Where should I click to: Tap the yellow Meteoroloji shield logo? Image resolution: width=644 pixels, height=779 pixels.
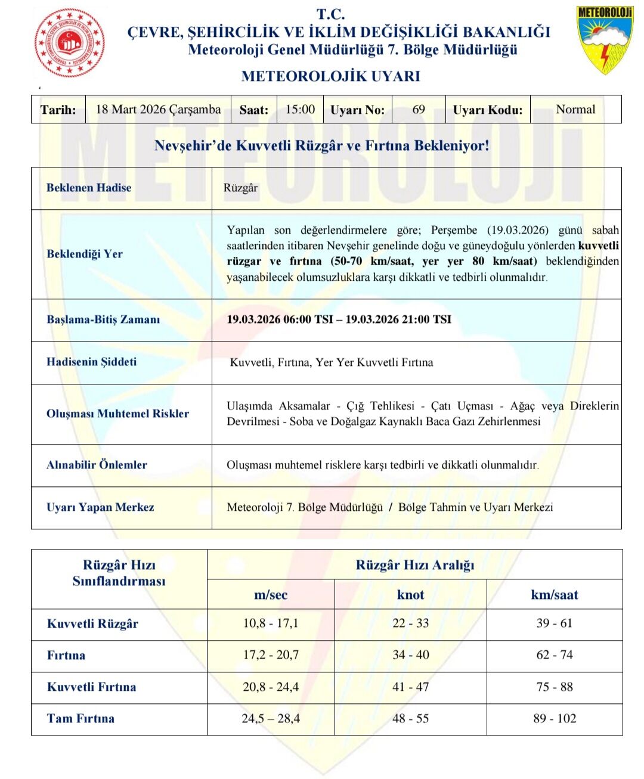pos(604,39)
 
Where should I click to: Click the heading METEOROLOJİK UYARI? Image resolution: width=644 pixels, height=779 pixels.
pos(330,76)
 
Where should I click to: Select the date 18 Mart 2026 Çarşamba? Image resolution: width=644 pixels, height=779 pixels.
pos(158,110)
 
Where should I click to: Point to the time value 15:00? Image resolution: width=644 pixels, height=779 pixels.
pos(300,110)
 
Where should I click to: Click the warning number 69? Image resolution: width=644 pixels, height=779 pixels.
pos(419,110)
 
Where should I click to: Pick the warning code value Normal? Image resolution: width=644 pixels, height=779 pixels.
pos(575,110)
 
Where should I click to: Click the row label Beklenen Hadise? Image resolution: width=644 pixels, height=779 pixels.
pos(89,188)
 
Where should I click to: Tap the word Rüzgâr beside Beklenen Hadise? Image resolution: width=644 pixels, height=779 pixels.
pos(240,188)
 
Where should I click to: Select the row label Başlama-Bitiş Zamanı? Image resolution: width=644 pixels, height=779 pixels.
pos(103,319)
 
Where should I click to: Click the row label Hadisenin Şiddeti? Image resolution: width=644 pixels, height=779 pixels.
pos(91,362)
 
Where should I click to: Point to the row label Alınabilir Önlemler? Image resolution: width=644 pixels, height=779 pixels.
pos(97,465)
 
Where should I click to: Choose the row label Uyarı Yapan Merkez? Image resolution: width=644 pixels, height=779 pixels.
pos(100,507)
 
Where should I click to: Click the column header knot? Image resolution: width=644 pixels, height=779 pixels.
pos(410,595)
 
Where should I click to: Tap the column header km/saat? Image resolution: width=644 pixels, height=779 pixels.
pos(555,595)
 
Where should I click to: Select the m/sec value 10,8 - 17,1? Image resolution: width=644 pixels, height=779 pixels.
pos(271,623)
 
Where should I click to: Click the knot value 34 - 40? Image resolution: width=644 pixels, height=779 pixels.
pos(410,655)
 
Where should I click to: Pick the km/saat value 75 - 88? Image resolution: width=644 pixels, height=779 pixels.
pos(555,687)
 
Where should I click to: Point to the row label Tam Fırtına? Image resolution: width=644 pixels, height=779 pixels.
pos(80,719)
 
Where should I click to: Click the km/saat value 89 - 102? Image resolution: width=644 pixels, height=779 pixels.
pos(555,719)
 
